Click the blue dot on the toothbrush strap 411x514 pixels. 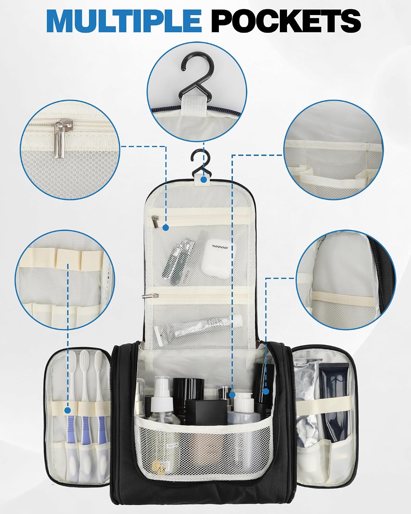click(x=68, y=411)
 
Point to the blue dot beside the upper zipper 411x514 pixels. click(x=166, y=228)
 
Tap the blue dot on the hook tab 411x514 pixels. click(x=203, y=179)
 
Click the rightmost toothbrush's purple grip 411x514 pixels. click(x=101, y=430)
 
